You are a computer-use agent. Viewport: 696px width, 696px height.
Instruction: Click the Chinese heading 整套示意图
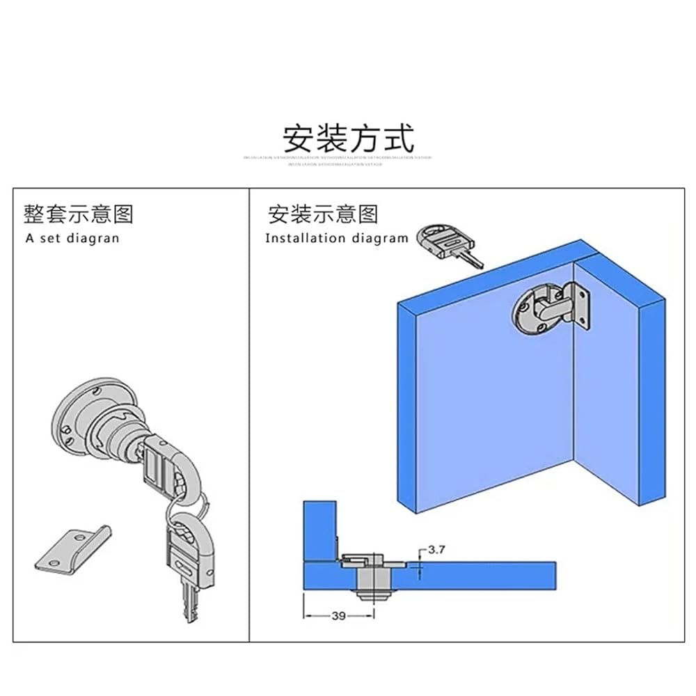tap(78, 214)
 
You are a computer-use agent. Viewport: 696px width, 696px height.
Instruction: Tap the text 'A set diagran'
tap(72, 238)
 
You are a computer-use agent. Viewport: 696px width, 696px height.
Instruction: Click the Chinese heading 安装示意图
tap(323, 214)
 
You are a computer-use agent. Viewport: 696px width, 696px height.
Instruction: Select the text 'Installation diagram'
tap(336, 238)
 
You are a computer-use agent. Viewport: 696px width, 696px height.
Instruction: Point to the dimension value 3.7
tap(436, 550)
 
